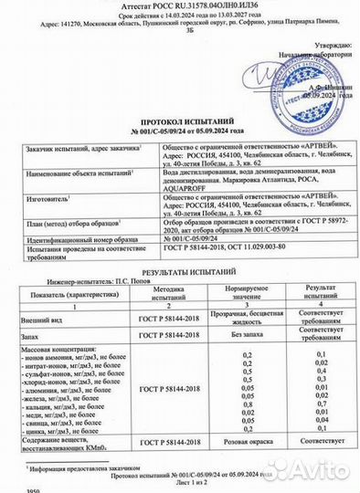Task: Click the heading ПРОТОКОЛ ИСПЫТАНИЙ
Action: tap(178, 121)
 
